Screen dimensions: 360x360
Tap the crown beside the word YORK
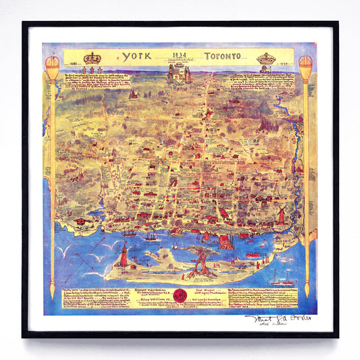(92, 59)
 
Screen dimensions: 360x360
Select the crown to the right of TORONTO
(266, 59)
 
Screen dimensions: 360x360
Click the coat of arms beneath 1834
(180, 74)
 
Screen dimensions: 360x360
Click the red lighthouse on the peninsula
(124, 255)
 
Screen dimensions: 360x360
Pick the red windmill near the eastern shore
(280, 215)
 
